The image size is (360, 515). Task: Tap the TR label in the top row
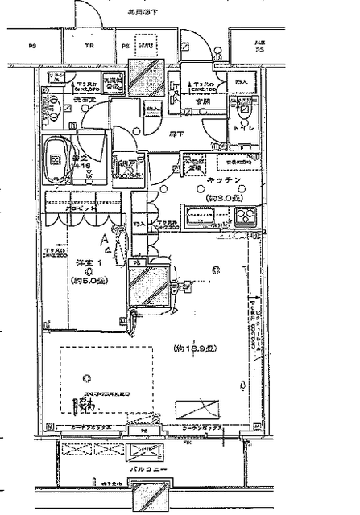tap(90, 46)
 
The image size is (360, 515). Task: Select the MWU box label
tap(146, 46)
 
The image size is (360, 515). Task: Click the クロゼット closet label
tap(81, 208)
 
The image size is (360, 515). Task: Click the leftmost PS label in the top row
tap(31, 46)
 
